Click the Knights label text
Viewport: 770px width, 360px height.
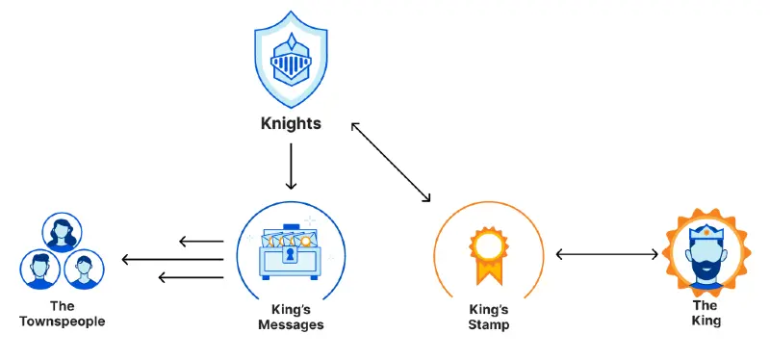(291, 124)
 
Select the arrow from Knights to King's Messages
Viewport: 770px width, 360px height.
(292, 167)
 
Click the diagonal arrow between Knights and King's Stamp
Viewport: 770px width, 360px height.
(391, 162)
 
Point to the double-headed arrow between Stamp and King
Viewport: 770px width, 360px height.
(607, 254)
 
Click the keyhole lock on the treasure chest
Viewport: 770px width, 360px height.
(291, 254)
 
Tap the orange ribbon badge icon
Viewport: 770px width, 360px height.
(489, 256)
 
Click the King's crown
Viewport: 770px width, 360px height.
(706, 232)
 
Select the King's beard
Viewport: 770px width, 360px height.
(706, 271)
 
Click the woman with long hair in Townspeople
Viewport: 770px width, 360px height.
(62, 232)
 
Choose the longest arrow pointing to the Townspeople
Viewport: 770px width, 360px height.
(172, 259)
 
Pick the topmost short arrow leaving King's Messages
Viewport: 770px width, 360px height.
(201, 242)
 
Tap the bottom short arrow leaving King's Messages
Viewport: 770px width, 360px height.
(191, 277)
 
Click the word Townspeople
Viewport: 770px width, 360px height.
(63, 321)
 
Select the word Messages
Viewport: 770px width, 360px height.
(292, 324)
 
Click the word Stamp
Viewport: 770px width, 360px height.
(489, 324)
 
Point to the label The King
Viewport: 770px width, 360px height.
(706, 314)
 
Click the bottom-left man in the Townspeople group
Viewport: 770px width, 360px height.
(40, 270)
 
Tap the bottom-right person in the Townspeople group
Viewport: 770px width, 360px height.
(84, 270)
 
